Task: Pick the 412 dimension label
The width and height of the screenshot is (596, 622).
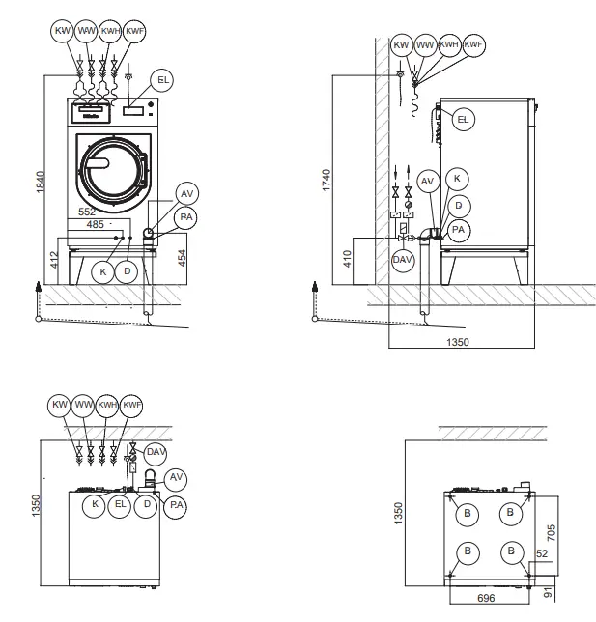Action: tap(54, 259)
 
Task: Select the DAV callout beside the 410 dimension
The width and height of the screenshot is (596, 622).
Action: tap(402, 259)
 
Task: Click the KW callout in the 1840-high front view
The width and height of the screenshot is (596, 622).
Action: tap(63, 31)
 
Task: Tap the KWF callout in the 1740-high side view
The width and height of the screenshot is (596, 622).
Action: tap(473, 44)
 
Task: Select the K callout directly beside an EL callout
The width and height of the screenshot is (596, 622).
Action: tap(95, 503)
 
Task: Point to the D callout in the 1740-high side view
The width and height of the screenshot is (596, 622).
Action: tap(459, 204)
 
